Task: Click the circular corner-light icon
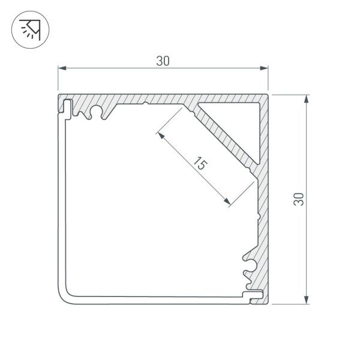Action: point(30,30)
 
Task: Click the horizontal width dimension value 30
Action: point(163,61)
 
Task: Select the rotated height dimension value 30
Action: point(298,199)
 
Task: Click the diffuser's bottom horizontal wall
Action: point(156,295)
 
